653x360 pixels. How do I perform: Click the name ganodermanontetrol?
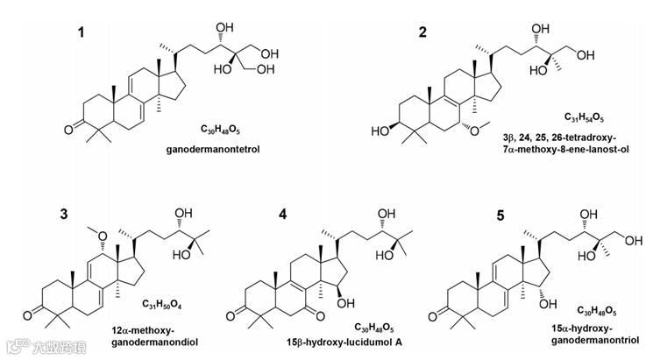207,151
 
